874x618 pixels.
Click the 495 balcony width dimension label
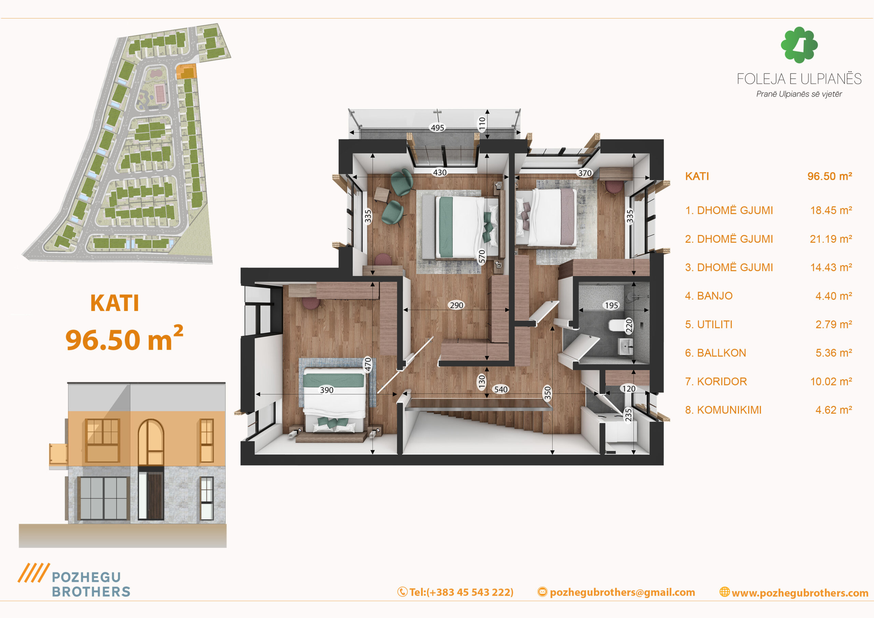[437, 128]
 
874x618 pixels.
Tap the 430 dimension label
[440, 172]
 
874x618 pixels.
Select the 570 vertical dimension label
[482, 257]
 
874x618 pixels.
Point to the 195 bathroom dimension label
[611, 305]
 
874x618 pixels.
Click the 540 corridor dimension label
[501, 390]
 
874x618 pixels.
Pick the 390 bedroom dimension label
[327, 390]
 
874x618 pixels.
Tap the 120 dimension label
[629, 389]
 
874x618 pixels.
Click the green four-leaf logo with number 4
[799, 45]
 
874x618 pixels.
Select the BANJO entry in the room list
[709, 296]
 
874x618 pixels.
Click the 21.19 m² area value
[831, 239]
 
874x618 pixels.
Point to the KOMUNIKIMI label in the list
[723, 410]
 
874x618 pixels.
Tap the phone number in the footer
[455, 592]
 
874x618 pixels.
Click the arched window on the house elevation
[151, 442]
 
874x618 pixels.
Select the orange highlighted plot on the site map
[186, 71]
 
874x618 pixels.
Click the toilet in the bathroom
[616, 326]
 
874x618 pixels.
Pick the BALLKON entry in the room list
[716, 353]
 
